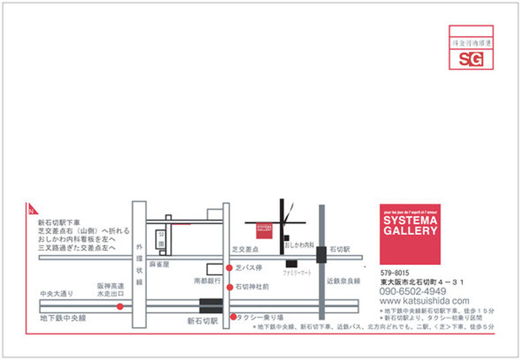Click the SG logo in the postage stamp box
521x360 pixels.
471,59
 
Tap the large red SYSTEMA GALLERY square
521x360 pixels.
409,234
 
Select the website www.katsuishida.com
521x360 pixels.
425,301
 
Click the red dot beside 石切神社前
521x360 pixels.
230,287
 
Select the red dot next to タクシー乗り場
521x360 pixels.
233,317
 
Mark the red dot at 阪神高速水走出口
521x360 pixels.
120,306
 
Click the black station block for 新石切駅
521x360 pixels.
210,306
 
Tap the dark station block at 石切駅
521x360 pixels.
321,255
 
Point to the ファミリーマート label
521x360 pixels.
297,274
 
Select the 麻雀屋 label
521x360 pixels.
160,265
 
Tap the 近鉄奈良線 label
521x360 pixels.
344,280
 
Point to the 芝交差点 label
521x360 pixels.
245,249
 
